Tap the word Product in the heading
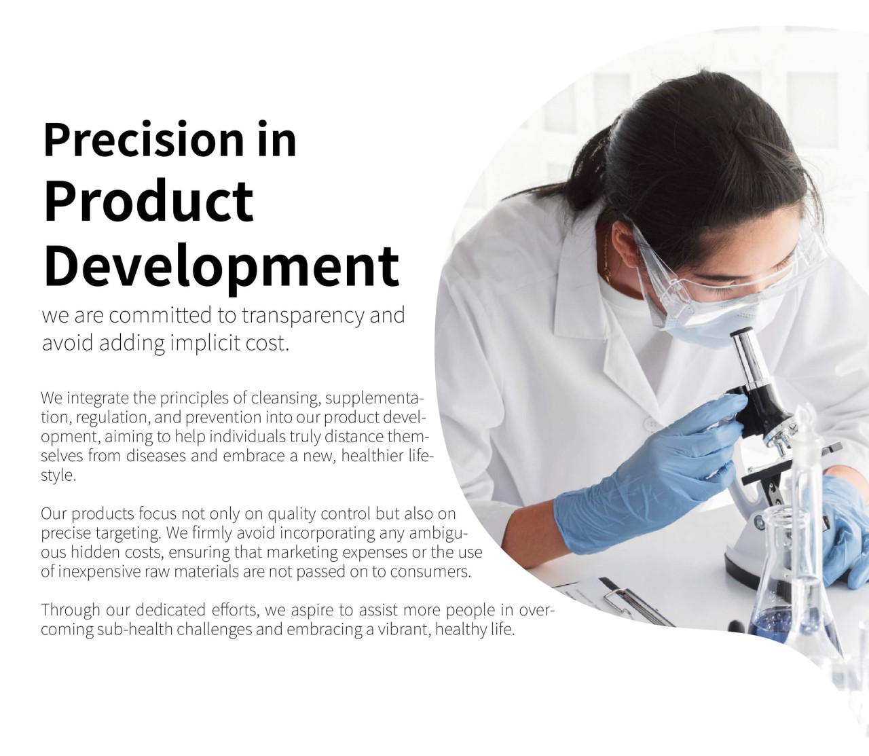click(149, 201)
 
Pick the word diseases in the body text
click(156, 456)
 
